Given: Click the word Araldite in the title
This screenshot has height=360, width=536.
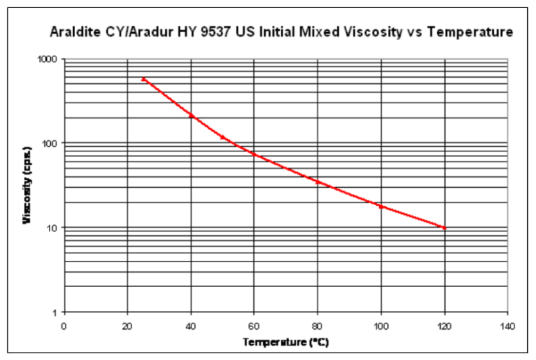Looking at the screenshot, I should click(x=74, y=32).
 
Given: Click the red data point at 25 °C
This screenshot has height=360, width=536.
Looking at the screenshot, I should click(x=143, y=79).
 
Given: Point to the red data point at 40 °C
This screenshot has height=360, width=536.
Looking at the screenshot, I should click(x=191, y=115).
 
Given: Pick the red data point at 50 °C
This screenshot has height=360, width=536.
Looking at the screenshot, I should click(x=222, y=137).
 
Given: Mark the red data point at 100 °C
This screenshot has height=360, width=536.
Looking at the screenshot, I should click(x=381, y=206).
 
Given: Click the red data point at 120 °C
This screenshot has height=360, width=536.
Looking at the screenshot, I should click(x=444, y=228).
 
